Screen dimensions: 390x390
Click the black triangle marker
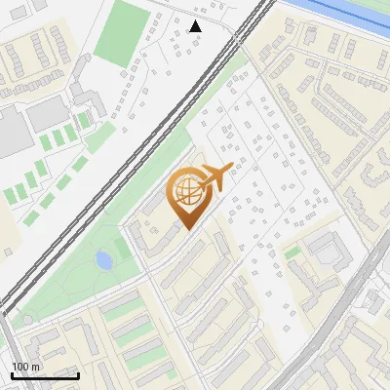point(196,26)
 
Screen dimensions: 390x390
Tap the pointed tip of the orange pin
point(185,229)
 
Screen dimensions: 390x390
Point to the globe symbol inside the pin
point(185,191)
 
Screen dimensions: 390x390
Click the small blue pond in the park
point(103,259)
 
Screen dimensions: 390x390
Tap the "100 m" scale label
point(26,367)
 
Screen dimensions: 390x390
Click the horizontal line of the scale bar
point(45,375)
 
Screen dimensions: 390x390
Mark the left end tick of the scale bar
point(12,373)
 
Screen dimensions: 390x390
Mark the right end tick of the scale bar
point(78,373)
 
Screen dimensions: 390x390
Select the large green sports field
point(122,33)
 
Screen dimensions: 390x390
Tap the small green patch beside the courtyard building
point(292,253)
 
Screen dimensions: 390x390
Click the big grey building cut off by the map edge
point(12,132)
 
